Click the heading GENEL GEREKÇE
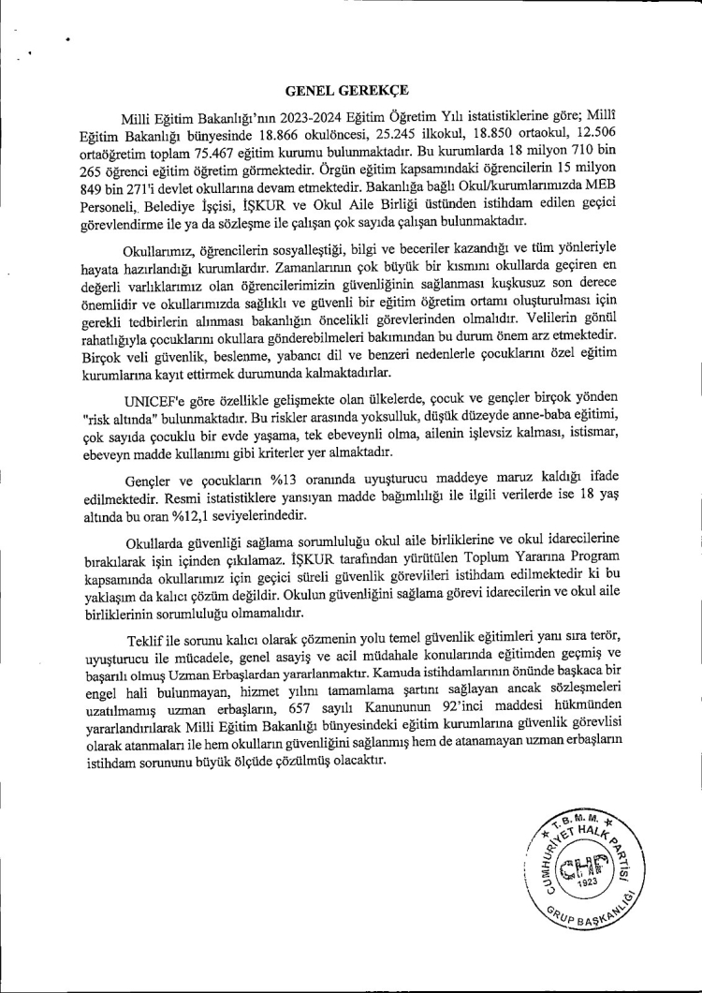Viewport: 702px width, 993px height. click(x=347, y=91)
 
